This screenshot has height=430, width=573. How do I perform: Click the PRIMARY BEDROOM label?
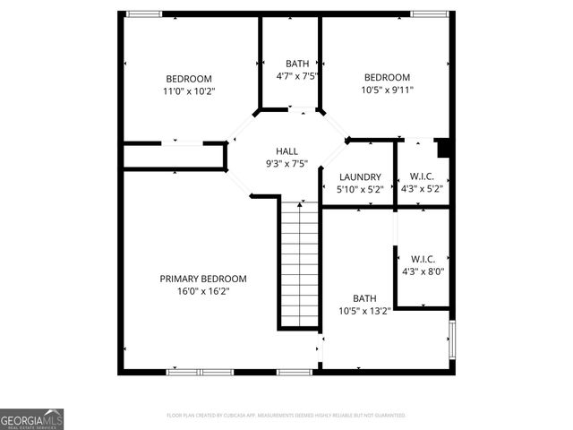[203, 279]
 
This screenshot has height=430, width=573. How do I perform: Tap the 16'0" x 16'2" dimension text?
[203, 291]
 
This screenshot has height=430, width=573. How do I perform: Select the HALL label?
[286, 151]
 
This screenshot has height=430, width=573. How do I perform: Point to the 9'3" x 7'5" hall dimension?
[286, 164]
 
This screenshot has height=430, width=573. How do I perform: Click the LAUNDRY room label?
[359, 177]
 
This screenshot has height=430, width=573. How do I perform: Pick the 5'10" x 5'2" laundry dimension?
[359, 190]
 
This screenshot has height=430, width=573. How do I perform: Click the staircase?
[300, 264]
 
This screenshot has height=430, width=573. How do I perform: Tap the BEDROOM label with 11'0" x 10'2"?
[189, 78]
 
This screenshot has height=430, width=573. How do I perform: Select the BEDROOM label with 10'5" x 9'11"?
[387, 77]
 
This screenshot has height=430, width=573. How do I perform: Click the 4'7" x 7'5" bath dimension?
[297, 76]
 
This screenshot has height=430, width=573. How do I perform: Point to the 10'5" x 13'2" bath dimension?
[364, 311]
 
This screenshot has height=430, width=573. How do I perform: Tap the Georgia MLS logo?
[31, 419]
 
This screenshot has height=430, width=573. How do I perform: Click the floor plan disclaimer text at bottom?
[286, 416]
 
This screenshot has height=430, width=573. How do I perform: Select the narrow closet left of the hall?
[173, 156]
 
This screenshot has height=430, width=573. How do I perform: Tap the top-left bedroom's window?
[143, 13]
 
